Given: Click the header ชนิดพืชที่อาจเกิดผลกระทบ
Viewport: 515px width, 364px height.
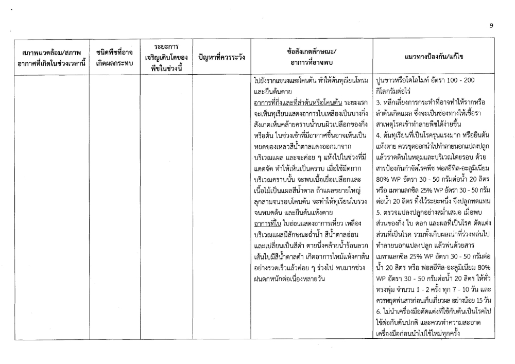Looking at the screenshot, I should point(114,57).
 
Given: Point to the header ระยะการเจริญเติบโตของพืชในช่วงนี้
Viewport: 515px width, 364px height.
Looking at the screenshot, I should point(166,57).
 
